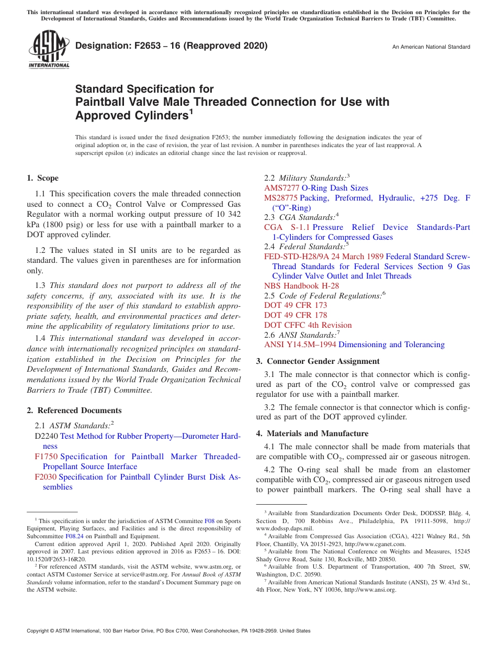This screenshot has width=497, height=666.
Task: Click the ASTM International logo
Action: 48,50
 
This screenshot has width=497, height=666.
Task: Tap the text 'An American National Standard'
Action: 431,47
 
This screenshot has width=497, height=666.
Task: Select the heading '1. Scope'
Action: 43,178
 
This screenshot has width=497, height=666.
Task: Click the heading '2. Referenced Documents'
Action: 74,410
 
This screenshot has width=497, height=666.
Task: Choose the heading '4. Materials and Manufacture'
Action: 312,434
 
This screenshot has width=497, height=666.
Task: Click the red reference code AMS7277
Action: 281,188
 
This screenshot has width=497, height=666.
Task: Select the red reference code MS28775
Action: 281,198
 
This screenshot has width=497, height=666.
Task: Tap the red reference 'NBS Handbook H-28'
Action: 301,286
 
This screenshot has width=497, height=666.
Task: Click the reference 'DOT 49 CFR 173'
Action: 296,305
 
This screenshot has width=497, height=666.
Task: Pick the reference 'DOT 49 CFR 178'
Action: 296,315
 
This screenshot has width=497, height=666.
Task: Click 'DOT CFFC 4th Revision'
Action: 308,325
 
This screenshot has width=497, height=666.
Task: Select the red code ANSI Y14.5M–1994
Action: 300,345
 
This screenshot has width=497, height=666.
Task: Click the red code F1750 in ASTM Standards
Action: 46,457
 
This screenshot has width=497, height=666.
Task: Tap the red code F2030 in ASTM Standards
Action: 46,477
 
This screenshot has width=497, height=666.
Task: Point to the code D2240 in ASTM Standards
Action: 47,436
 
